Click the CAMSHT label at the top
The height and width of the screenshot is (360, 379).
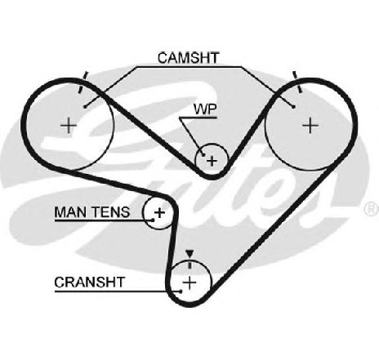[x=188, y=58]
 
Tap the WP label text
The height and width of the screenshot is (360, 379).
[x=205, y=109]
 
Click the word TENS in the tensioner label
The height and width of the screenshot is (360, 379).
[x=110, y=212]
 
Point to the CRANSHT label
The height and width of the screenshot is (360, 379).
[x=90, y=282]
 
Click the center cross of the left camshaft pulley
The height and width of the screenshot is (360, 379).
[x=69, y=126]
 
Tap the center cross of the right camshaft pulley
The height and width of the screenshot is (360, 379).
[x=310, y=126]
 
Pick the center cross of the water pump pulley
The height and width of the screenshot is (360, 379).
[x=212, y=161]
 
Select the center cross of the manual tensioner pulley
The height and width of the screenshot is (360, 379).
[x=160, y=212]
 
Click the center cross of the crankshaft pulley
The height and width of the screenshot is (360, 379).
[x=189, y=283]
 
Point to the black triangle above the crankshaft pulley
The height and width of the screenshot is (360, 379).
[x=189, y=254]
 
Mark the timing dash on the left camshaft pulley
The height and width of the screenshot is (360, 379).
[x=83, y=82]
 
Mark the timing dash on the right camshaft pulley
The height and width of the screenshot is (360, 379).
[x=297, y=82]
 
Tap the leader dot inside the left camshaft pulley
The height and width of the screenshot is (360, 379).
[x=85, y=107]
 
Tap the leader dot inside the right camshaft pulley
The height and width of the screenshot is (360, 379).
[x=293, y=107]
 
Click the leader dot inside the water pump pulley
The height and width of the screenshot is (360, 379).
[x=203, y=154]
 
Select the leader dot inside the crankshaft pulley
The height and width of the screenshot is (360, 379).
[x=181, y=291]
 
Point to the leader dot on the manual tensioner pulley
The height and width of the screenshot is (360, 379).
[x=153, y=220]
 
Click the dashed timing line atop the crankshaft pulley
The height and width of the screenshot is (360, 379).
[x=189, y=264]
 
